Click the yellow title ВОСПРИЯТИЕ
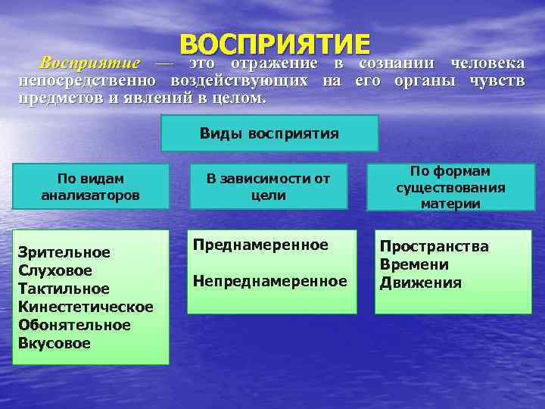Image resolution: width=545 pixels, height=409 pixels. [x=275, y=43]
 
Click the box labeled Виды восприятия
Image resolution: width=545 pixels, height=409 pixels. [x=269, y=133]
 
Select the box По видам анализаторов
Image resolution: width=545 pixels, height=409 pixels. [x=90, y=186]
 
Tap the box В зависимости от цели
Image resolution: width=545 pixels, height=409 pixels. [x=269, y=186]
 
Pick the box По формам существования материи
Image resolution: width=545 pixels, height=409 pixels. [x=450, y=187]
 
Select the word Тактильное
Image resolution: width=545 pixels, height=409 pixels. [x=64, y=289]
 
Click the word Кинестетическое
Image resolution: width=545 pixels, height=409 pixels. [x=86, y=307]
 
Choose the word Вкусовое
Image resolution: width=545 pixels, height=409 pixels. [x=54, y=343]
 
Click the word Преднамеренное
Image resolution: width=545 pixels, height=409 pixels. [x=260, y=245]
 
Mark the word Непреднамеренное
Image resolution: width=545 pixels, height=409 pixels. [x=269, y=281]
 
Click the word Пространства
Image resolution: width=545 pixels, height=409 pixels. [x=434, y=246]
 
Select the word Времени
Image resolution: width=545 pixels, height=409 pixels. [x=414, y=264]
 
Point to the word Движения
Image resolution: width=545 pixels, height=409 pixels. [x=420, y=283]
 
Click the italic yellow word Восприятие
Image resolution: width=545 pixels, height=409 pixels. [x=90, y=62]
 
